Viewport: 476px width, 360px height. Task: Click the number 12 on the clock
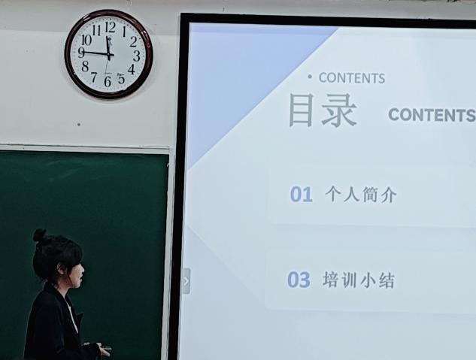coord(110,27)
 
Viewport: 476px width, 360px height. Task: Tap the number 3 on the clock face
coord(137,56)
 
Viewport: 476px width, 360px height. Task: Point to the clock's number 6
coord(108,82)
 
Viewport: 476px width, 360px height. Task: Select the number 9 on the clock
coord(81,53)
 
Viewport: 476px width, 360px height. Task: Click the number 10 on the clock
coord(86,40)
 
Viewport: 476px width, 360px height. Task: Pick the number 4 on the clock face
coord(131,69)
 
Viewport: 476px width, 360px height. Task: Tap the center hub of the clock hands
coord(109,55)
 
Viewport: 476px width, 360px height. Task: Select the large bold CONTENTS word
coord(432,115)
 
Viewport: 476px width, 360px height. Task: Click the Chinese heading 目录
coord(323,110)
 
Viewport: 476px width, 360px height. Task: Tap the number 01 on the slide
coord(301,195)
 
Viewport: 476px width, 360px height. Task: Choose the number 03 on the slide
coord(299,280)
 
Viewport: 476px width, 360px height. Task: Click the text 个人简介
coord(361,195)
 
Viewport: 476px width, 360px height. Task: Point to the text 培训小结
coord(359,280)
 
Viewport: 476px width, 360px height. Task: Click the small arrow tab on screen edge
coord(186,281)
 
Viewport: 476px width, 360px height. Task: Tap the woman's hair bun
coord(40,235)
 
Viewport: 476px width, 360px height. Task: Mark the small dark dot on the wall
coord(79,124)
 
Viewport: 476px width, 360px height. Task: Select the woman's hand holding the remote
coord(104,351)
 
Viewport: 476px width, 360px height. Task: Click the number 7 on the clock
coord(94,77)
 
